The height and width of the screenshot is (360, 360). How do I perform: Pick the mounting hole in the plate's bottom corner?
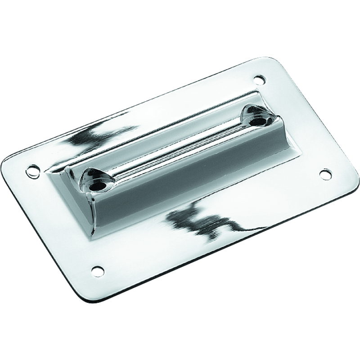point(96,270)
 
